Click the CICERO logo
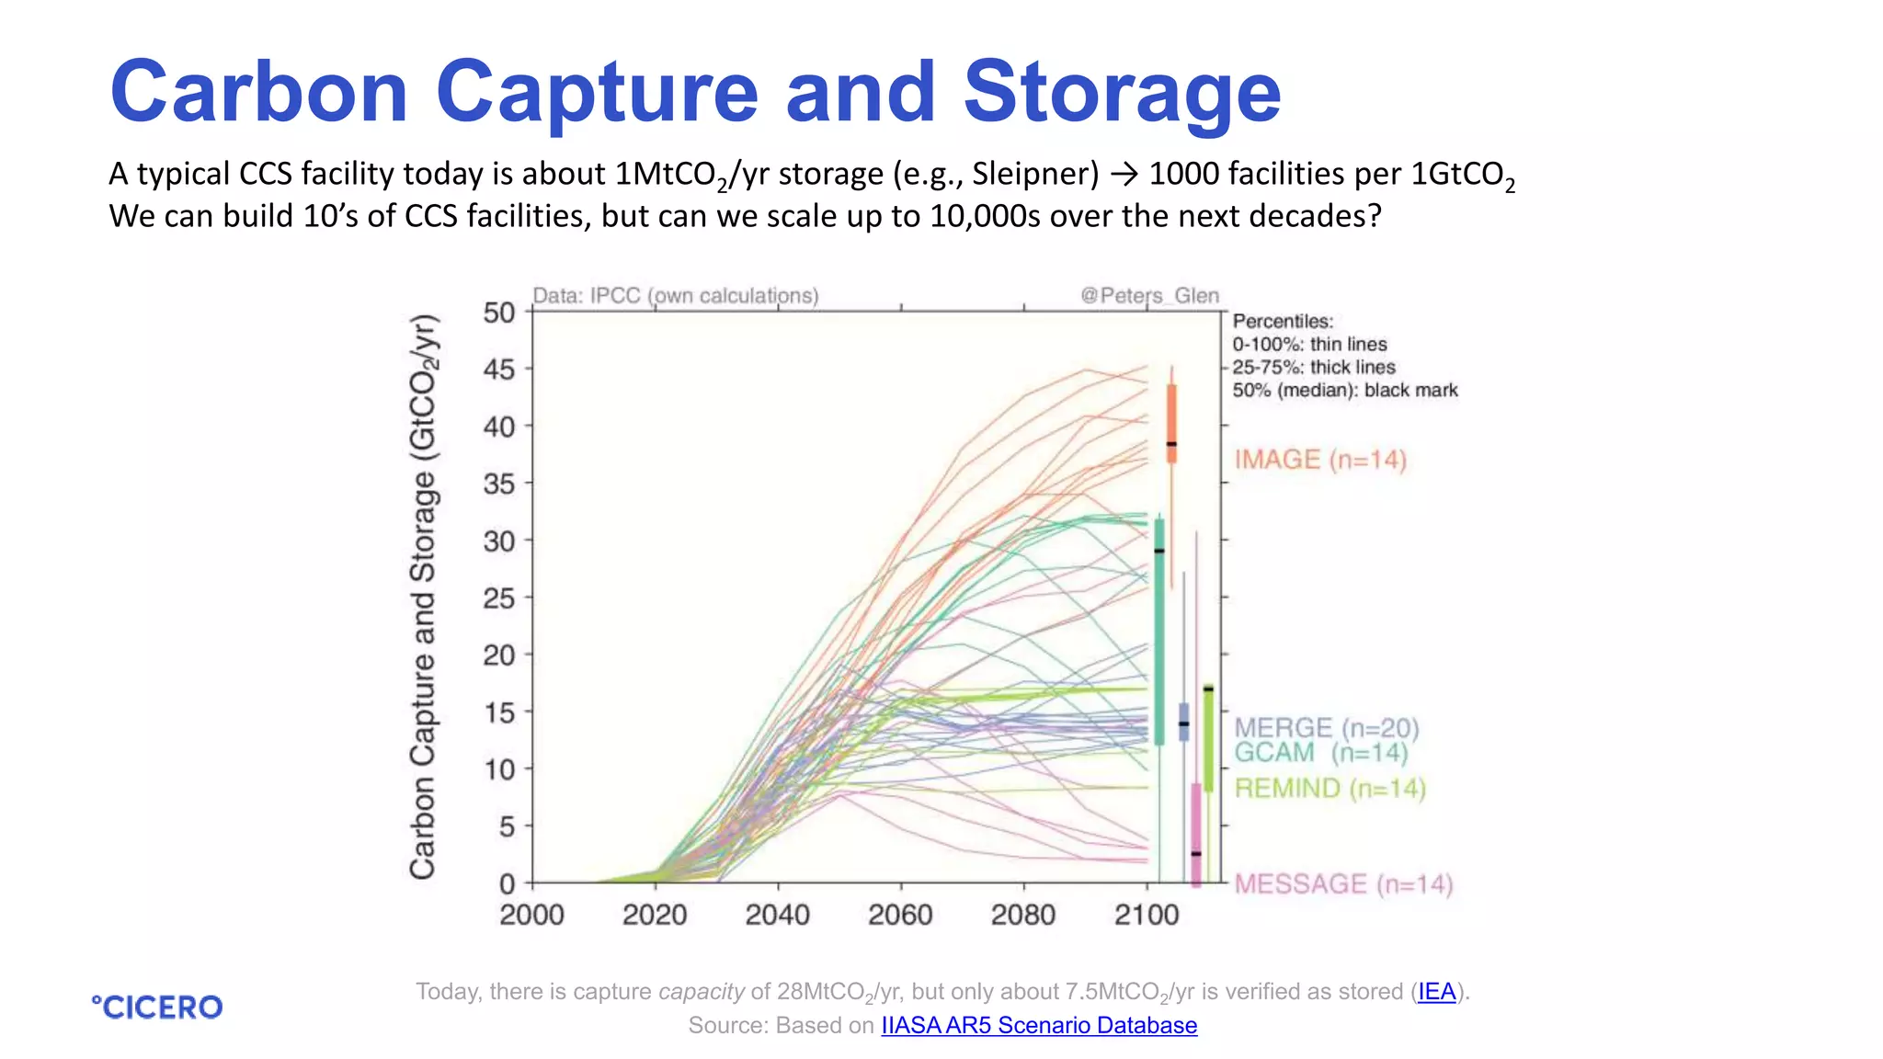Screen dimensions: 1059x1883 pyautogui.click(x=157, y=1007)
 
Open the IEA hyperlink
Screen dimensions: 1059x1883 pyautogui.click(x=1436, y=992)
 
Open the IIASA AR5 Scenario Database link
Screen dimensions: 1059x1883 pyautogui.click(x=1039, y=1025)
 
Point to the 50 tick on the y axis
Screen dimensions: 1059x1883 pyautogui.click(x=499, y=313)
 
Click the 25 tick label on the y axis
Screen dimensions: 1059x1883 pyautogui.click(x=499, y=598)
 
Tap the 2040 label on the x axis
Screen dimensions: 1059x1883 pyautogui.click(x=777, y=915)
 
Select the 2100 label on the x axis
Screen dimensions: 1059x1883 pyautogui.click(x=1146, y=915)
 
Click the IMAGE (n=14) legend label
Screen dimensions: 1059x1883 pyautogui.click(x=1319, y=460)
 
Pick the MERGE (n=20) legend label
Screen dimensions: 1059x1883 pyautogui.click(x=1326, y=728)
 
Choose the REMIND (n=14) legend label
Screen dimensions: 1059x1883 pyautogui.click(x=1329, y=789)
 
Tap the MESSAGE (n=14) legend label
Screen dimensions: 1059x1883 pyautogui.click(x=1342, y=884)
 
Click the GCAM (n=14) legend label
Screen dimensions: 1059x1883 pyautogui.click(x=1319, y=753)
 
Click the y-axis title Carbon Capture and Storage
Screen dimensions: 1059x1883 pyautogui.click(x=423, y=598)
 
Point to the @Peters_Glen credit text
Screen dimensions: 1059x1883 pyautogui.click(x=1149, y=296)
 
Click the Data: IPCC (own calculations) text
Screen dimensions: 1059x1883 pyautogui.click(x=676, y=296)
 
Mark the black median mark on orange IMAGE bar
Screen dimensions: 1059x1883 pyautogui.click(x=1171, y=444)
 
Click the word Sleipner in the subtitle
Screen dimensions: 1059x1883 pyautogui.click(x=1035, y=174)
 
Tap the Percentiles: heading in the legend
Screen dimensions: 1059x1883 pyautogui.click(x=1282, y=322)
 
